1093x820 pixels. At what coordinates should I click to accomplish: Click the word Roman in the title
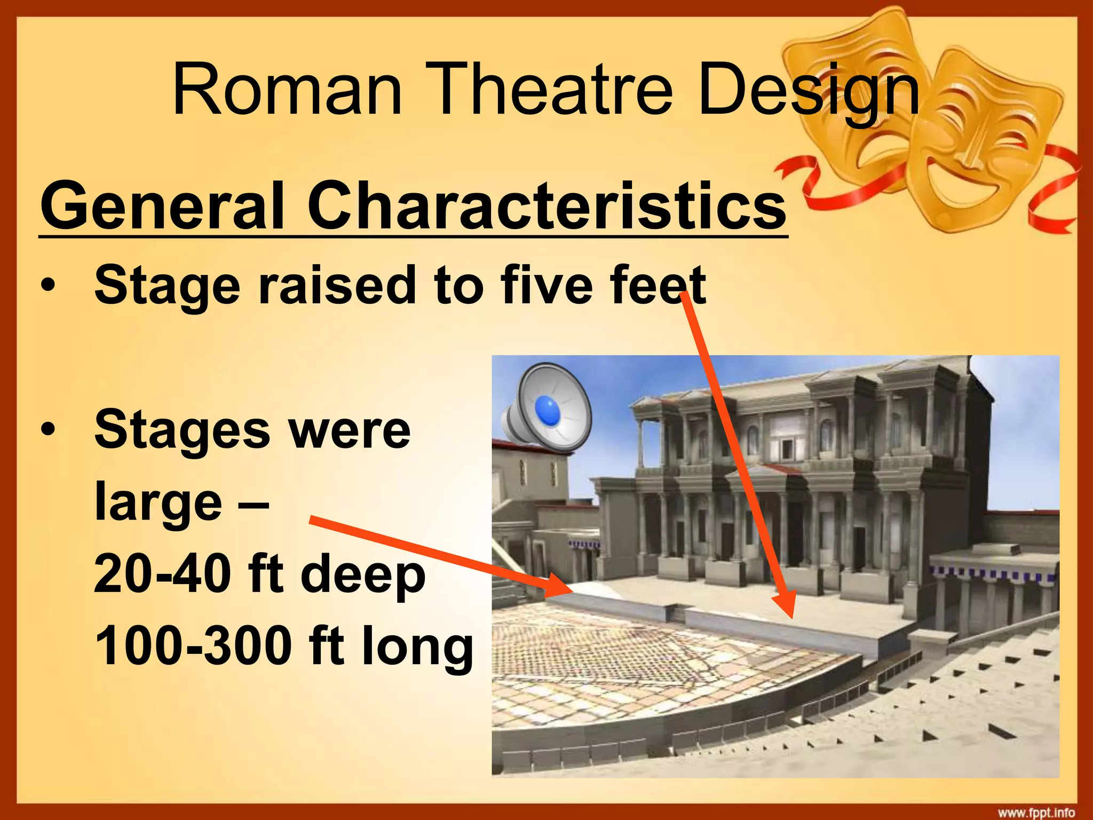287,89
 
